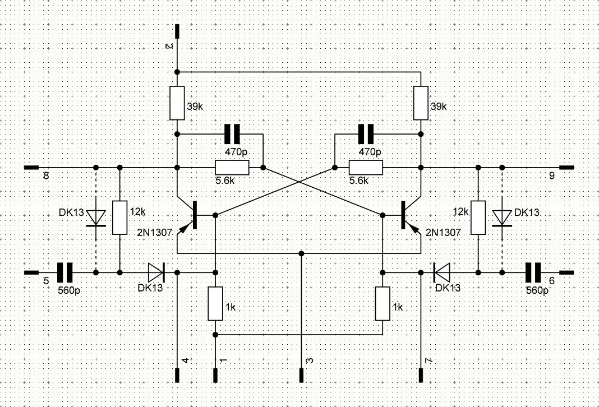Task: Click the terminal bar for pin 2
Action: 177,31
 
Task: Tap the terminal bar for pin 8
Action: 31,167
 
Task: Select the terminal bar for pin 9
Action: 566,167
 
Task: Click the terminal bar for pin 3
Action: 301,375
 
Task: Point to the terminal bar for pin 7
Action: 421,375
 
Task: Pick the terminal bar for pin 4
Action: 177,375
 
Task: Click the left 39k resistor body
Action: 177,103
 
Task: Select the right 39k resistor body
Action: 421,103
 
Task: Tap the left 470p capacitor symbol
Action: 232,134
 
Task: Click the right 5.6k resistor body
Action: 366,168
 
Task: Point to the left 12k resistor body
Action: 119,218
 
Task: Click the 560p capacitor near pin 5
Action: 64,272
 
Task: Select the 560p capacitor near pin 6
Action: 533,272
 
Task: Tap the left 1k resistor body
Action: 215,303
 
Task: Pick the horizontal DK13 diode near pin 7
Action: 441,272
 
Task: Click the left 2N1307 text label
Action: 155,232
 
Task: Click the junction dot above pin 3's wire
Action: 301,253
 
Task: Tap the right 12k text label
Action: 460,211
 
